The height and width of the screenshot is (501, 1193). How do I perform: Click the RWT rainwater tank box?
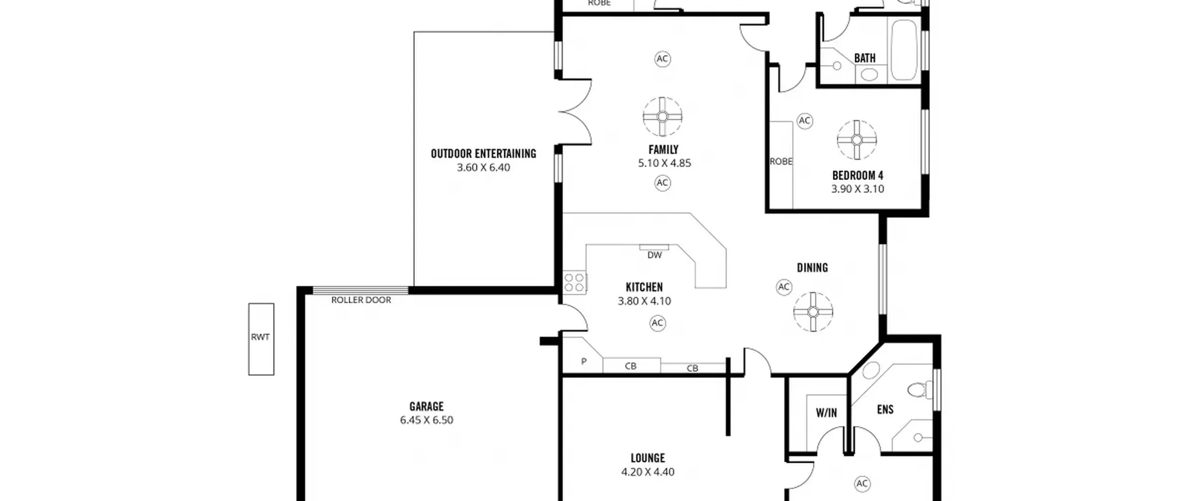click(261, 339)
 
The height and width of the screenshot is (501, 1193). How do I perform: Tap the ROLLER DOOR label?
click(361, 300)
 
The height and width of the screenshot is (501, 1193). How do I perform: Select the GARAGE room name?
click(426, 406)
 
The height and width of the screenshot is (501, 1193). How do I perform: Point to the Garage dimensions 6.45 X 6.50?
click(426, 420)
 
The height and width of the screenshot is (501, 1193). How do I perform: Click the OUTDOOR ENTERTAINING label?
click(483, 153)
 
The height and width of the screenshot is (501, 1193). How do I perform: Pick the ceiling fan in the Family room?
click(662, 117)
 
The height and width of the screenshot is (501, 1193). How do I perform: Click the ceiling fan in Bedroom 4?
click(857, 140)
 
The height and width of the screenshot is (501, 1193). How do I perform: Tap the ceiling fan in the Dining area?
click(813, 312)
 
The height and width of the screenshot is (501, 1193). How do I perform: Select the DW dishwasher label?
click(655, 255)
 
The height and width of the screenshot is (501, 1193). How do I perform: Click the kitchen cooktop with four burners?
click(574, 282)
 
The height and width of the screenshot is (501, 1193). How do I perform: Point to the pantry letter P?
click(583, 361)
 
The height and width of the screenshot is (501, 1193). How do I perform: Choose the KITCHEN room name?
click(644, 287)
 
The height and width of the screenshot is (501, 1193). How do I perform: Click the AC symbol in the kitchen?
click(657, 323)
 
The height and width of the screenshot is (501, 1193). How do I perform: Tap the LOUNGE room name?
click(648, 458)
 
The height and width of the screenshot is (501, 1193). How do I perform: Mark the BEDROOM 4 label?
click(857, 176)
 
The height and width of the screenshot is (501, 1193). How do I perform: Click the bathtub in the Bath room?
click(905, 50)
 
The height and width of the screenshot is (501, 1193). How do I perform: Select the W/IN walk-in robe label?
click(826, 412)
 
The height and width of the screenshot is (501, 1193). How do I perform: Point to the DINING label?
click(812, 268)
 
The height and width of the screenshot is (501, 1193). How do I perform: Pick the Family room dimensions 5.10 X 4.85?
click(665, 163)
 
